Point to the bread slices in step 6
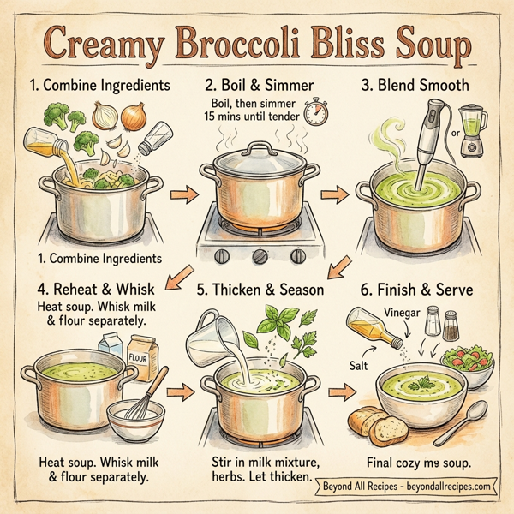click(x=375, y=425)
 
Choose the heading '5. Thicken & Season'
click(x=256, y=290)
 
